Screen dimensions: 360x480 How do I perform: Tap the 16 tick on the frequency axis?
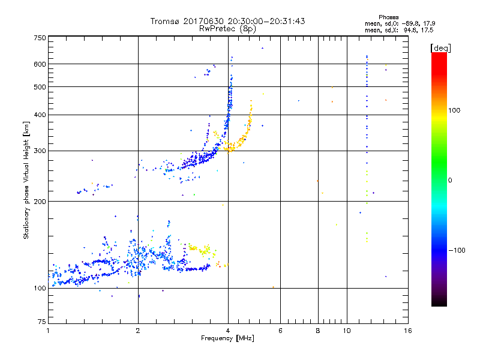pos(407,331)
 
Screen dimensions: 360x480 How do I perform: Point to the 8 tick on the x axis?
pos(318,331)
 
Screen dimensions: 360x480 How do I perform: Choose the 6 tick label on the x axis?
pos(280,331)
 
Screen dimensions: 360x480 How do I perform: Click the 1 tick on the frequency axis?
pos(48,331)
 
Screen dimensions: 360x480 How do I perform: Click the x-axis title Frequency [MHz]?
pos(228,339)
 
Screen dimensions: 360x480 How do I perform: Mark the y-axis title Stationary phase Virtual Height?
pos(26,181)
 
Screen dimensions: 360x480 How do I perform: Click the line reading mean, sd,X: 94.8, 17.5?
pos(399,30)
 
